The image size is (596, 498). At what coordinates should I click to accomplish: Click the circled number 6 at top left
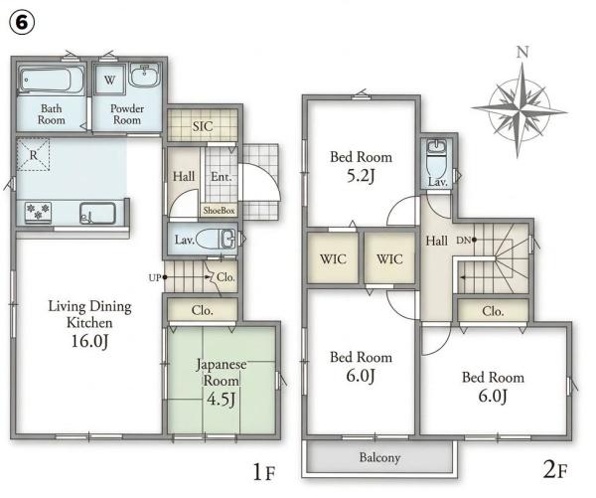pyautogui.click(x=22, y=23)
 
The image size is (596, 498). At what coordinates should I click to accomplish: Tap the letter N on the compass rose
pyautogui.click(x=522, y=52)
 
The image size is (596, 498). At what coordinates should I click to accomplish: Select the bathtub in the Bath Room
pyautogui.click(x=51, y=81)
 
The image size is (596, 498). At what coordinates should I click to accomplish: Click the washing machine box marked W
pyautogui.click(x=109, y=80)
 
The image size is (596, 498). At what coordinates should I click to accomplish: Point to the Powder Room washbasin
pyautogui.click(x=144, y=75)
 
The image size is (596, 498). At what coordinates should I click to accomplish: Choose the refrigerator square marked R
pyautogui.click(x=33, y=154)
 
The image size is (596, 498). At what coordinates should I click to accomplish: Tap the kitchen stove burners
pyautogui.click(x=38, y=212)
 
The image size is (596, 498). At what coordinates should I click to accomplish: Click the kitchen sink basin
pyautogui.click(x=97, y=214)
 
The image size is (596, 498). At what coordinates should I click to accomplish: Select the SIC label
pyautogui.click(x=203, y=126)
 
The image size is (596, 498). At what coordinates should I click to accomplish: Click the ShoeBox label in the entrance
pyautogui.click(x=219, y=210)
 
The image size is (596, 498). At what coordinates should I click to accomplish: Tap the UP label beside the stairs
pyautogui.click(x=155, y=278)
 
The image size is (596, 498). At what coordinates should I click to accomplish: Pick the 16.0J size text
pyautogui.click(x=89, y=341)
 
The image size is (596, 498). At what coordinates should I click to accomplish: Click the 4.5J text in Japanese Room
pyautogui.click(x=221, y=399)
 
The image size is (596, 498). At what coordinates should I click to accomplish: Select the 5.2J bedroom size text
pyautogui.click(x=361, y=176)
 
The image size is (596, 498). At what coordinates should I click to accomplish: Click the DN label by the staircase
pyautogui.click(x=463, y=241)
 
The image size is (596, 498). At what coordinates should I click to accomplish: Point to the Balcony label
pyautogui.click(x=379, y=457)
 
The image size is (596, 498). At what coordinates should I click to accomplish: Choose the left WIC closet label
pyautogui.click(x=333, y=259)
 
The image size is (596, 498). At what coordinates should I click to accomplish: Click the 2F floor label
pyautogui.click(x=555, y=470)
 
